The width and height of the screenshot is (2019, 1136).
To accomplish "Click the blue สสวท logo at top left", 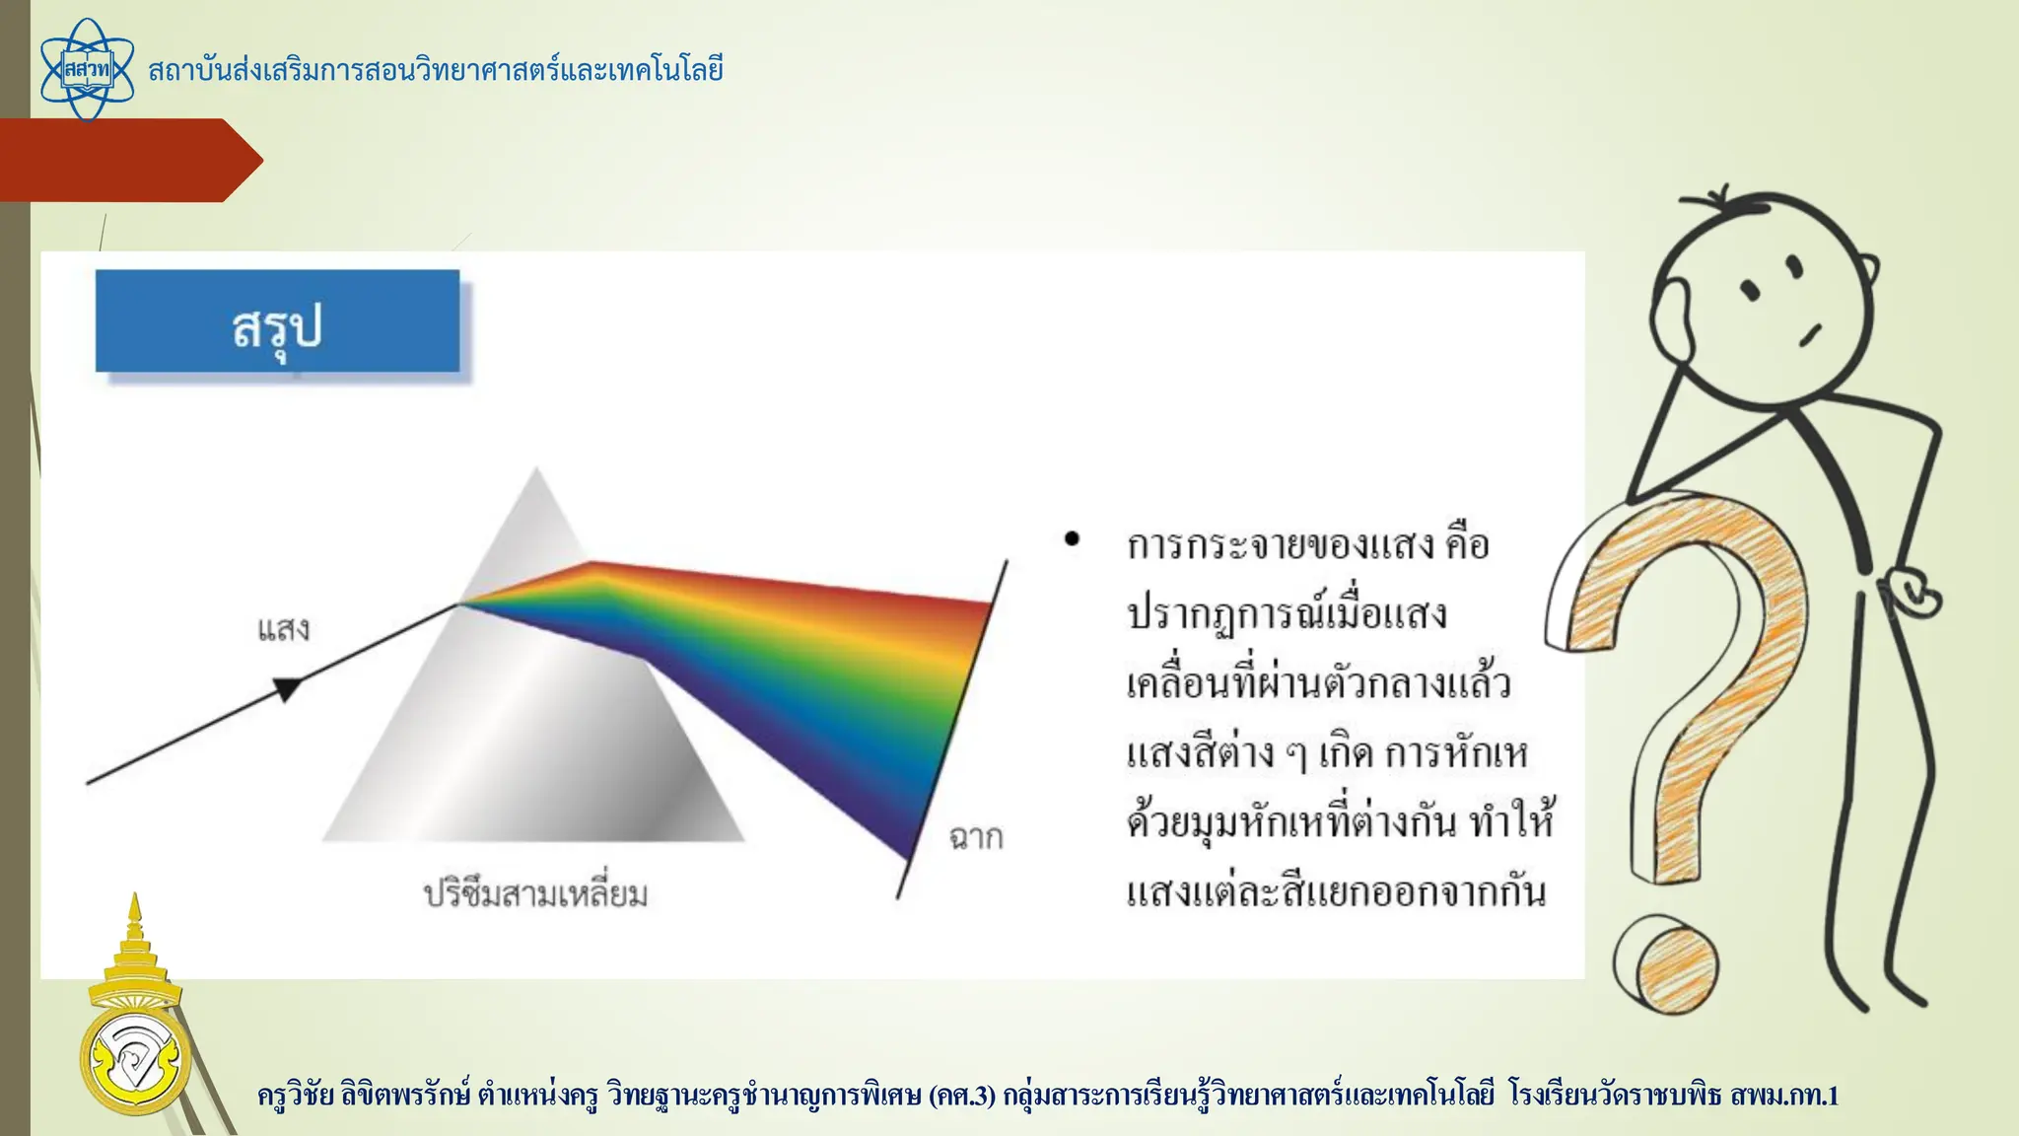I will point(87,70).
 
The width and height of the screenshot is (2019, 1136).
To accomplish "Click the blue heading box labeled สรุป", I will point(277,322).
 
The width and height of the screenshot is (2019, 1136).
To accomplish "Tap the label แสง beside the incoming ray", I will point(283,629).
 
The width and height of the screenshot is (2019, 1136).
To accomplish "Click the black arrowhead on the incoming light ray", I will point(287,688).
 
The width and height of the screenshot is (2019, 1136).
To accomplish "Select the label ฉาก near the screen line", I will point(975,837).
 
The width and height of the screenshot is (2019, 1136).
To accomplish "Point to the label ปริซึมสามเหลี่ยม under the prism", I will point(535,894).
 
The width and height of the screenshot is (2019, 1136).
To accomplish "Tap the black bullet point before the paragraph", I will point(1072,539).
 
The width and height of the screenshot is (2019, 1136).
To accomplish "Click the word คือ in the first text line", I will point(1466,544).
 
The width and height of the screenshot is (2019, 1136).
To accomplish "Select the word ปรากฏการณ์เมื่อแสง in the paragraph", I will point(1287,614).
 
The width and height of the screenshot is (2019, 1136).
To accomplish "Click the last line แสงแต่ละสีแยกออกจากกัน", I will point(1336,892).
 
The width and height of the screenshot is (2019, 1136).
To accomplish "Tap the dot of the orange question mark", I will point(1666,964).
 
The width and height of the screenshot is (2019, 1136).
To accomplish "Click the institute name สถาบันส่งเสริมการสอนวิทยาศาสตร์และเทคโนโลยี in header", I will point(435,71).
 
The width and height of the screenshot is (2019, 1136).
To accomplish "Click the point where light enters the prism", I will point(457,603).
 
